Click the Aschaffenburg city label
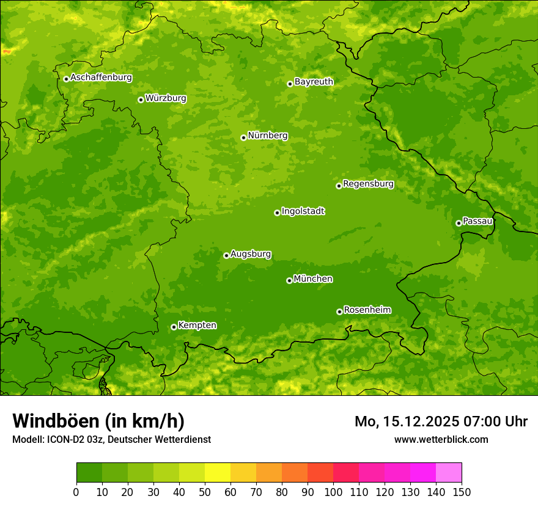[101, 78]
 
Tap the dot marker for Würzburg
[141, 100]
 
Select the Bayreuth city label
[314, 81]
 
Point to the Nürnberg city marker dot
[243, 137]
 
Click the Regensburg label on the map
[368, 183]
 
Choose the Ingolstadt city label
[303, 211]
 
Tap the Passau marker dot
[459, 223]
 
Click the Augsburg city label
[251, 254]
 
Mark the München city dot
[289, 280]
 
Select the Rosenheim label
[367, 310]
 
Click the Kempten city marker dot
[174, 327]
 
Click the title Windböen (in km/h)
[98, 421]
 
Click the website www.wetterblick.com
[441, 439]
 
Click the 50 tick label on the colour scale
[204, 492]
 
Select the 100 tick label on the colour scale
[333, 492]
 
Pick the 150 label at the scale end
[461, 492]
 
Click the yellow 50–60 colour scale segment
[217, 473]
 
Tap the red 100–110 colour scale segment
[345, 473]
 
